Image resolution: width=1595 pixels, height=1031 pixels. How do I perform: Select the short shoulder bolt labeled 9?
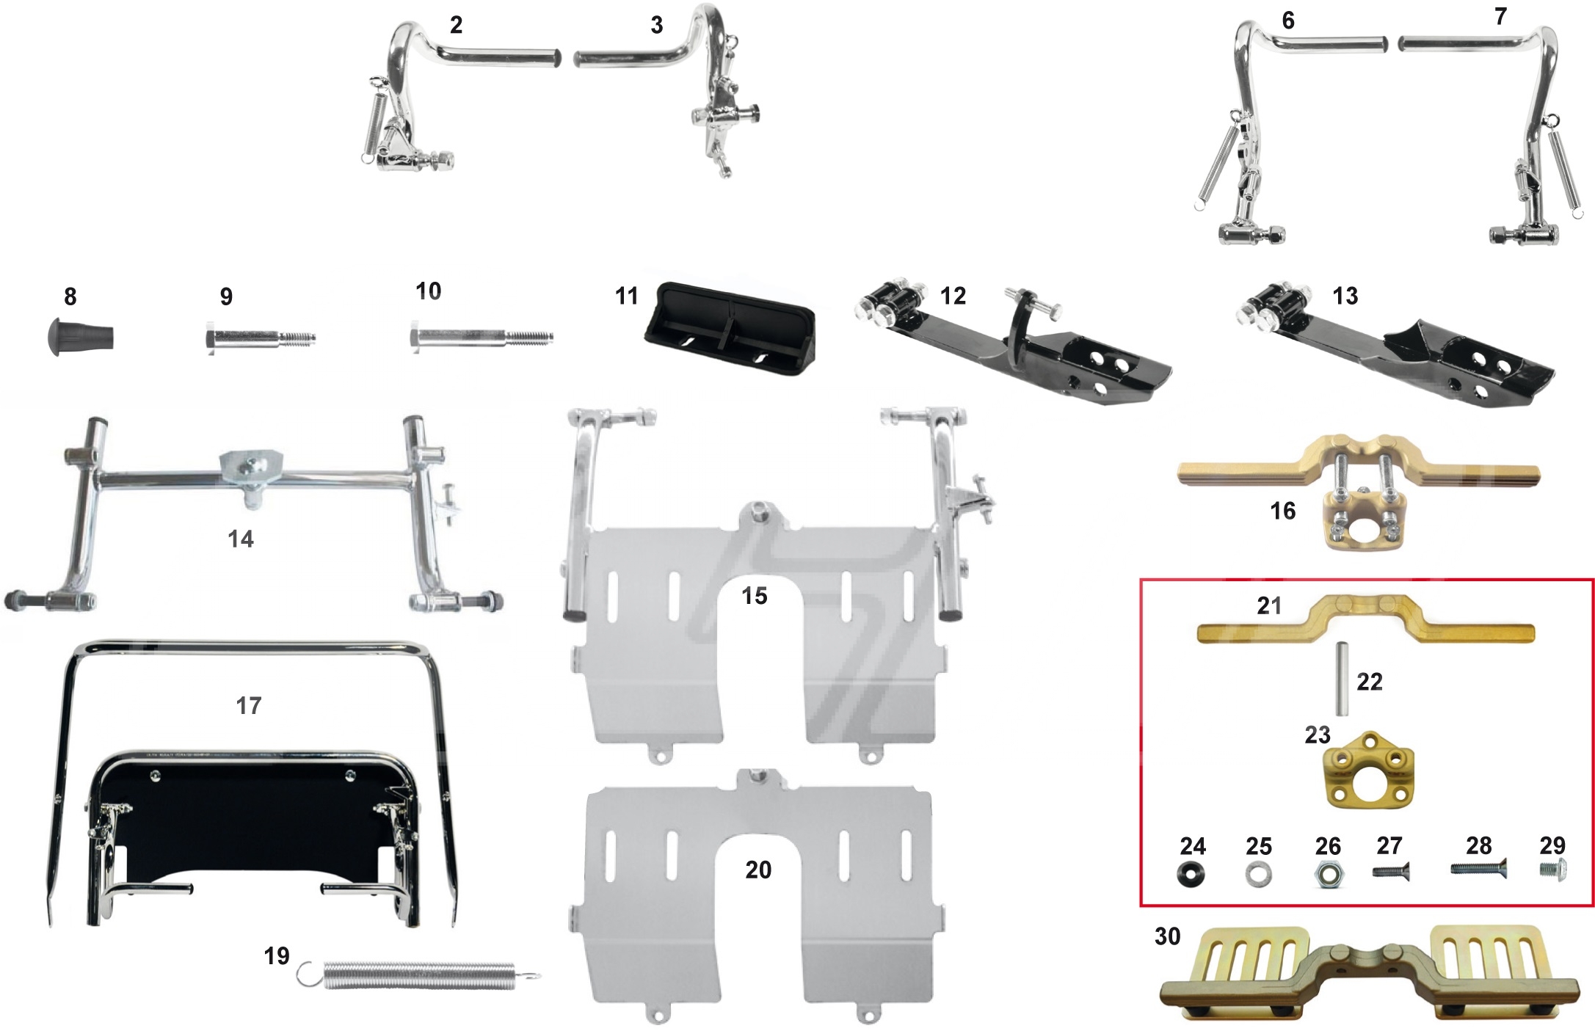259,340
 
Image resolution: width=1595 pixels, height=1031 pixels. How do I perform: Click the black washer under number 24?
1192,874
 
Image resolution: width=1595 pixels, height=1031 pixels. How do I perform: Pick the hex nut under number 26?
1329,874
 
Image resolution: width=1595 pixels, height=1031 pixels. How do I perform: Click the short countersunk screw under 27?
1391,872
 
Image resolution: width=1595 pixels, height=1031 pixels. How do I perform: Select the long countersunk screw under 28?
1478,868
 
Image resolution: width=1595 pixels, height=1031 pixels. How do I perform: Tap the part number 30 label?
1167,936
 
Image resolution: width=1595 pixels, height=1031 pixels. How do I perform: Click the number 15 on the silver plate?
755,596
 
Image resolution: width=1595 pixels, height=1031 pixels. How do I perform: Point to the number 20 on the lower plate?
758,870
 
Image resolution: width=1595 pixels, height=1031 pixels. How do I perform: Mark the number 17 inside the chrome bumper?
249,706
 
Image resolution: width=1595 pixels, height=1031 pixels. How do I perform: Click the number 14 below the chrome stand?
241,539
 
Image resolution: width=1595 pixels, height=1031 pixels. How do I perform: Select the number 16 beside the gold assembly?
1283,511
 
